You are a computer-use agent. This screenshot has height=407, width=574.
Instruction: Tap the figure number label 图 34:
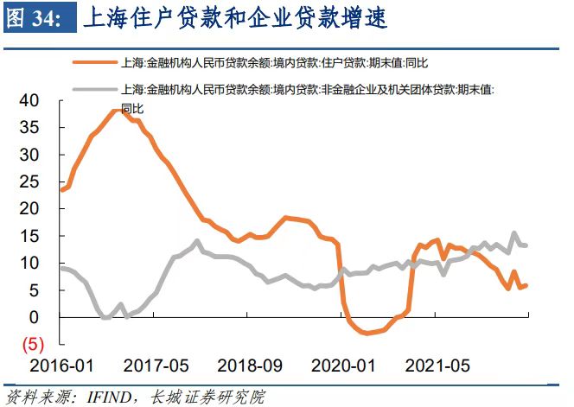35,18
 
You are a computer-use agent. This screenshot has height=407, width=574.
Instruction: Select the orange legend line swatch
95,63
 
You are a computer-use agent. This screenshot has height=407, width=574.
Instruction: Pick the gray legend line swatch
95,89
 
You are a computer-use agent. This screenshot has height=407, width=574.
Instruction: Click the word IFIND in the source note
109,397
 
